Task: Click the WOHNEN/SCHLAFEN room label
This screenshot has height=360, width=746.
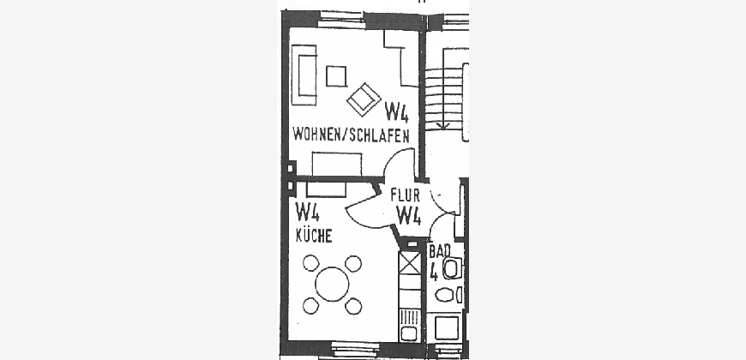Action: (351, 135)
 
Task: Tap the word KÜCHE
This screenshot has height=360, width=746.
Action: (314, 235)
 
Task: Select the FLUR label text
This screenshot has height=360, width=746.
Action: (406, 195)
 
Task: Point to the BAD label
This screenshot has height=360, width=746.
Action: (440, 251)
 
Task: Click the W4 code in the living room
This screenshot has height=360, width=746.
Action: (396, 112)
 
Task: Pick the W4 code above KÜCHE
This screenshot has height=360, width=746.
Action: (307, 212)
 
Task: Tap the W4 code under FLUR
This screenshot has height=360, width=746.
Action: (409, 215)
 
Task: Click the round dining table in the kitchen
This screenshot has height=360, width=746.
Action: (332, 284)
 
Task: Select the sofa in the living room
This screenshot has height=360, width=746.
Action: (304, 75)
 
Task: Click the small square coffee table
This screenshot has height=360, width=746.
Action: (336, 76)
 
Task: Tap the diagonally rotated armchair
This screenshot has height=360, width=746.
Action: (364, 99)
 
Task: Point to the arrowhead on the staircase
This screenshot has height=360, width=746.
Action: (443, 125)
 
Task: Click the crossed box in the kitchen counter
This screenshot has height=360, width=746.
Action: (410, 263)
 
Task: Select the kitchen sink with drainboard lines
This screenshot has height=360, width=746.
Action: (409, 324)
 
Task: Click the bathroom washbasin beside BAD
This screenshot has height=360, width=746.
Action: (452, 268)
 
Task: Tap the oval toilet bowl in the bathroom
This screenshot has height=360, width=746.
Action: (445, 295)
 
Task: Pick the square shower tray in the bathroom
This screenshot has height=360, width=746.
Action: (446, 327)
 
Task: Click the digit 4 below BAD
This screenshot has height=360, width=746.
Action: (433, 273)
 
